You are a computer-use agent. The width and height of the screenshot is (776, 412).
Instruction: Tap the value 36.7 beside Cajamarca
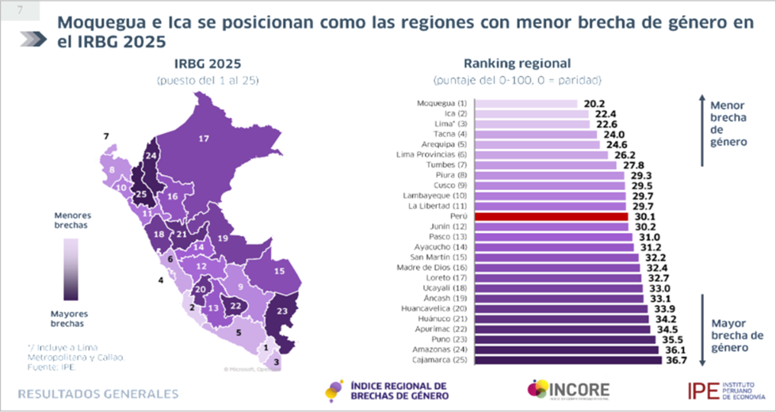coord(676,360)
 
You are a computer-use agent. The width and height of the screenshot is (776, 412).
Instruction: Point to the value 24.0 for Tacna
coord(611,135)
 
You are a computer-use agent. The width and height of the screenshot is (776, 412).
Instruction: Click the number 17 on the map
coord(204,139)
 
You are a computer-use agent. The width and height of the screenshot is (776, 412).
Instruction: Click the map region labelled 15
coord(278,270)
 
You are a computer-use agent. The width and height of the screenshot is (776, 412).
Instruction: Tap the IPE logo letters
coord(702,389)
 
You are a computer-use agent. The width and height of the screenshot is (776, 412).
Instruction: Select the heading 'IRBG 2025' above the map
coord(208,63)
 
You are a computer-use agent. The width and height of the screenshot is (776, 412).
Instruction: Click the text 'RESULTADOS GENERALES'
coord(98,393)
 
